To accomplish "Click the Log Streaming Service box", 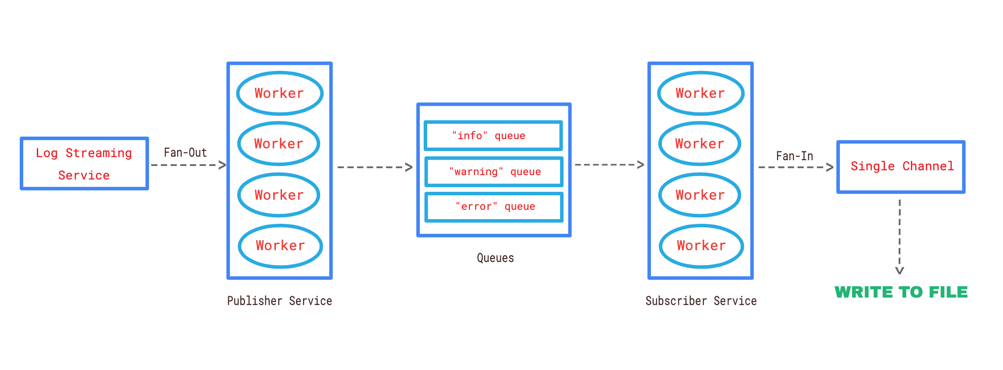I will (x=84, y=164).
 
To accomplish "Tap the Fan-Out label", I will (x=185, y=153).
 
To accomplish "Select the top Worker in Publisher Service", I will (x=280, y=93).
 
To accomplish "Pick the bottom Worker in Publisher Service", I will (x=280, y=246).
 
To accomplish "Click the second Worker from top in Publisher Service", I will (x=279, y=144).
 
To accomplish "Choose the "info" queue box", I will (x=493, y=136).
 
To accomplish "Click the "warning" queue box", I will (x=494, y=172).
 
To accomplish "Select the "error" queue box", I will (x=494, y=207).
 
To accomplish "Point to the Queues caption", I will (x=495, y=258).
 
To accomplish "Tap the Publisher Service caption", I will (x=279, y=301).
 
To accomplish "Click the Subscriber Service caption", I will (x=701, y=301).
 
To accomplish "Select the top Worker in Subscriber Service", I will (x=700, y=93).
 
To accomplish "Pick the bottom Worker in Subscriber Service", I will (x=701, y=246).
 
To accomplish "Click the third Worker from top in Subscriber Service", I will (x=700, y=195).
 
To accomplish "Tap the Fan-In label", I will (x=794, y=156).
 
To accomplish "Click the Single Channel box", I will (x=901, y=167).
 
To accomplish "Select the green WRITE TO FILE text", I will (x=901, y=292).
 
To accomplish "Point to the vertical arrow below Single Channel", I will (x=899, y=237).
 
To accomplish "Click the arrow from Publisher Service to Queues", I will (x=375, y=167).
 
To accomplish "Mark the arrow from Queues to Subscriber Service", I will (x=609, y=165).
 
